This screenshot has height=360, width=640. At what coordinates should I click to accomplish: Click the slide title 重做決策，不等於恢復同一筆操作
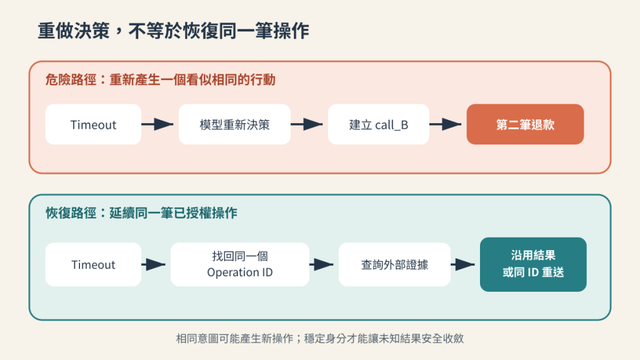click(174, 31)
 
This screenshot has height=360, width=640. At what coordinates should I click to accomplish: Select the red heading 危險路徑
click(71, 79)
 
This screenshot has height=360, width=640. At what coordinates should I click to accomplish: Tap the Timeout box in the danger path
click(93, 124)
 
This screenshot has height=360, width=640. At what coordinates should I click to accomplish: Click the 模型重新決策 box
click(235, 124)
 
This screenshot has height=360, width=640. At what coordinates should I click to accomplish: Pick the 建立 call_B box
click(378, 124)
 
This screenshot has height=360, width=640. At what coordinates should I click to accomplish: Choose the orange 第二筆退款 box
click(525, 124)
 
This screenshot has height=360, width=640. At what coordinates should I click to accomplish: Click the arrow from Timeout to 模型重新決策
click(157, 124)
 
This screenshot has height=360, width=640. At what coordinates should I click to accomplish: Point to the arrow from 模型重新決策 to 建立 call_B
click(306, 124)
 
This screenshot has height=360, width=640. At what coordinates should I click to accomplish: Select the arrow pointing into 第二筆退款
click(445, 124)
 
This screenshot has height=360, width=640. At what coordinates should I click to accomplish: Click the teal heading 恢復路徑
click(71, 213)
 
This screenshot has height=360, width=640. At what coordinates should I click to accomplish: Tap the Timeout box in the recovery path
click(93, 264)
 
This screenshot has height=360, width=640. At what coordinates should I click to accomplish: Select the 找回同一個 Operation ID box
click(239, 264)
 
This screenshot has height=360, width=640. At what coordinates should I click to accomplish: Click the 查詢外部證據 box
click(394, 264)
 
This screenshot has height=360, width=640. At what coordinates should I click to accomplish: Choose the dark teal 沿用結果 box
click(533, 264)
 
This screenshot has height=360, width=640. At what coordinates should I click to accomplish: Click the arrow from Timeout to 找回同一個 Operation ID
click(154, 264)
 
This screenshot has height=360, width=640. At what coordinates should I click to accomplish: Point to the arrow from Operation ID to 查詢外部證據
click(321, 264)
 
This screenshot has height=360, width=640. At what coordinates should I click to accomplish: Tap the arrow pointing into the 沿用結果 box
click(462, 264)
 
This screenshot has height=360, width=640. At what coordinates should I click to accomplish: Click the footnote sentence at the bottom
click(320, 338)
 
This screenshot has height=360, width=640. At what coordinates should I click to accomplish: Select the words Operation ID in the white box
click(239, 272)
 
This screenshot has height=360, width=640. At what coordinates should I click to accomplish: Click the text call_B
click(391, 125)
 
